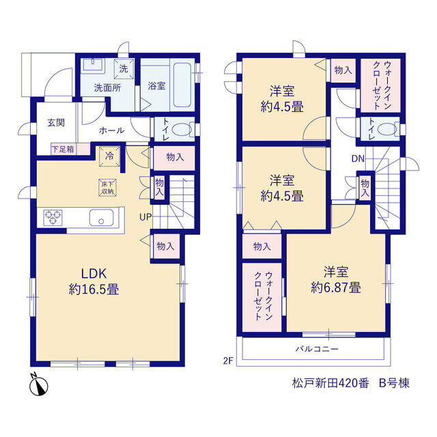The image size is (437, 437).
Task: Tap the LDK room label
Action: coord(94,274)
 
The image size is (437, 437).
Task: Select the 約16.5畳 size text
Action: coord(94,289)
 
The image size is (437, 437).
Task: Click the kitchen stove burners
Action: coord(53,218)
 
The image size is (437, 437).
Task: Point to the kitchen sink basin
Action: coord(102,218)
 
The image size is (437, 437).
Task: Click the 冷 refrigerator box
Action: coord(109,156)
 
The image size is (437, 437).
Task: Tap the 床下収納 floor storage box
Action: coord(108,188)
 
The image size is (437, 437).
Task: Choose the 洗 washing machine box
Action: coord(124,68)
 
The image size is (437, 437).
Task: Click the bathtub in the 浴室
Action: coord(182,85)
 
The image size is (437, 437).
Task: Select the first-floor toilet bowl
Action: coord(182,130)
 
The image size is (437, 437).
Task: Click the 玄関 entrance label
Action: coord(56,122)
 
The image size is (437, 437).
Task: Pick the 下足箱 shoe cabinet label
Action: coord(64,149)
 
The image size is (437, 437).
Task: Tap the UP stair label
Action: coord(145,217)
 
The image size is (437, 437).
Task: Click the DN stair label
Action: coord(358,158)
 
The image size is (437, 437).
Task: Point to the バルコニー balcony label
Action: coord(317,349)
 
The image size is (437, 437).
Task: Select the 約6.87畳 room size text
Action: coord(336,287)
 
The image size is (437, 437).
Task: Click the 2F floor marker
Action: coord(228,361)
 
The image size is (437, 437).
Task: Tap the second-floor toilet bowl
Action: coord(387,129)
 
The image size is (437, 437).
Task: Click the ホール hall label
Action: coord(112,130)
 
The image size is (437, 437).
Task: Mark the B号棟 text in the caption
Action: coord(394,383)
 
